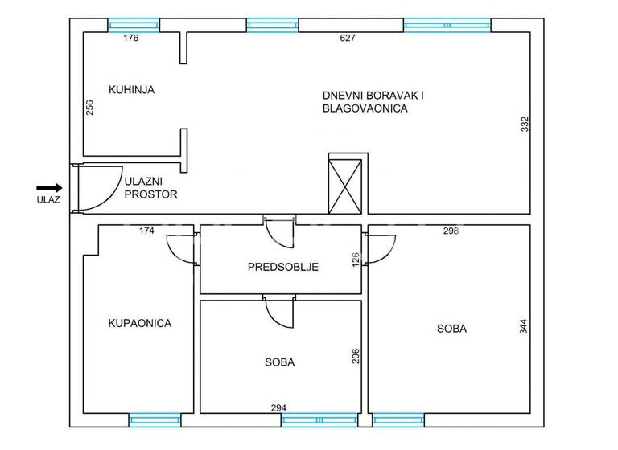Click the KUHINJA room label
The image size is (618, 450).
coord(131,90)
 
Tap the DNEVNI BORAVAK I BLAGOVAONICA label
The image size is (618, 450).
coord(373,101)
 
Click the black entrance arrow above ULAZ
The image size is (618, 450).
coord(49,187)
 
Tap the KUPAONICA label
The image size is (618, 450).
coord(140,323)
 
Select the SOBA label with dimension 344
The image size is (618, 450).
coord(451,328)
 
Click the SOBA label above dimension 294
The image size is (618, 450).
coord(279,362)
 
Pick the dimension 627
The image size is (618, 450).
coord(348,38)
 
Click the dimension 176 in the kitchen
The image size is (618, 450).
coord(131,38)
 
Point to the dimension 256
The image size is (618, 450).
coord(89,107)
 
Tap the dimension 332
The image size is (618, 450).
coord(524,125)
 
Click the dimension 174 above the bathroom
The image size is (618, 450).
coord(146,231)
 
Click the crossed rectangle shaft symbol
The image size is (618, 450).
coord(346,183)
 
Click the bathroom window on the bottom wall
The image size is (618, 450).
coord(155,419)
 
